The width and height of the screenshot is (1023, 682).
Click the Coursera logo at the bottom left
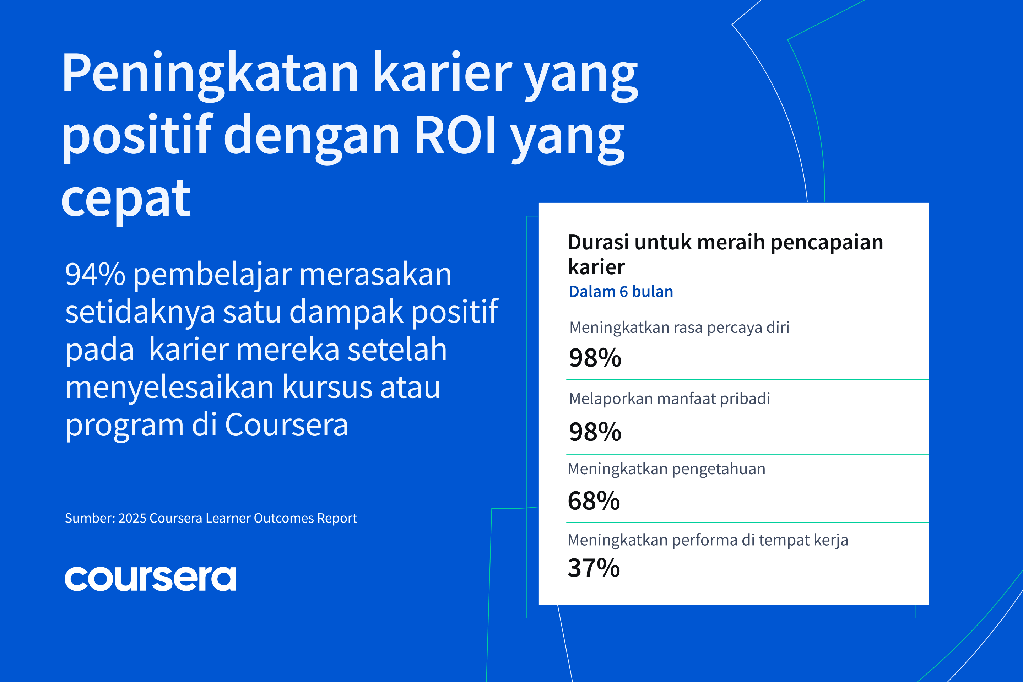[151, 579]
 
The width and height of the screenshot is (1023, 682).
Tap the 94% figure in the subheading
[95, 275]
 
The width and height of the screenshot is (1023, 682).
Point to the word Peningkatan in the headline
[210, 74]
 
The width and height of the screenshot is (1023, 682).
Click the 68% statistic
[594, 500]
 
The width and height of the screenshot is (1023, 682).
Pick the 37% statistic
[594, 568]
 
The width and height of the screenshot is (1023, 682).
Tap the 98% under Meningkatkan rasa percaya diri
[595, 358]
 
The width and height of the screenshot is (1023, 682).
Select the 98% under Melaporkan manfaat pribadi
[595, 432]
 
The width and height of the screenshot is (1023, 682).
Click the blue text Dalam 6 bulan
[621, 291]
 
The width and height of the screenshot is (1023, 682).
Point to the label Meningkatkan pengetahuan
[666, 469]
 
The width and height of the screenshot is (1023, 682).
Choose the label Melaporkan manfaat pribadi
[669, 399]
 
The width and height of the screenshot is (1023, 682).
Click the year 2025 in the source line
[132, 518]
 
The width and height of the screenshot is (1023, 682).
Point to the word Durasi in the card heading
[599, 242]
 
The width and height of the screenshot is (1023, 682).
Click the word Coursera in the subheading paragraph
[287, 425]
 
